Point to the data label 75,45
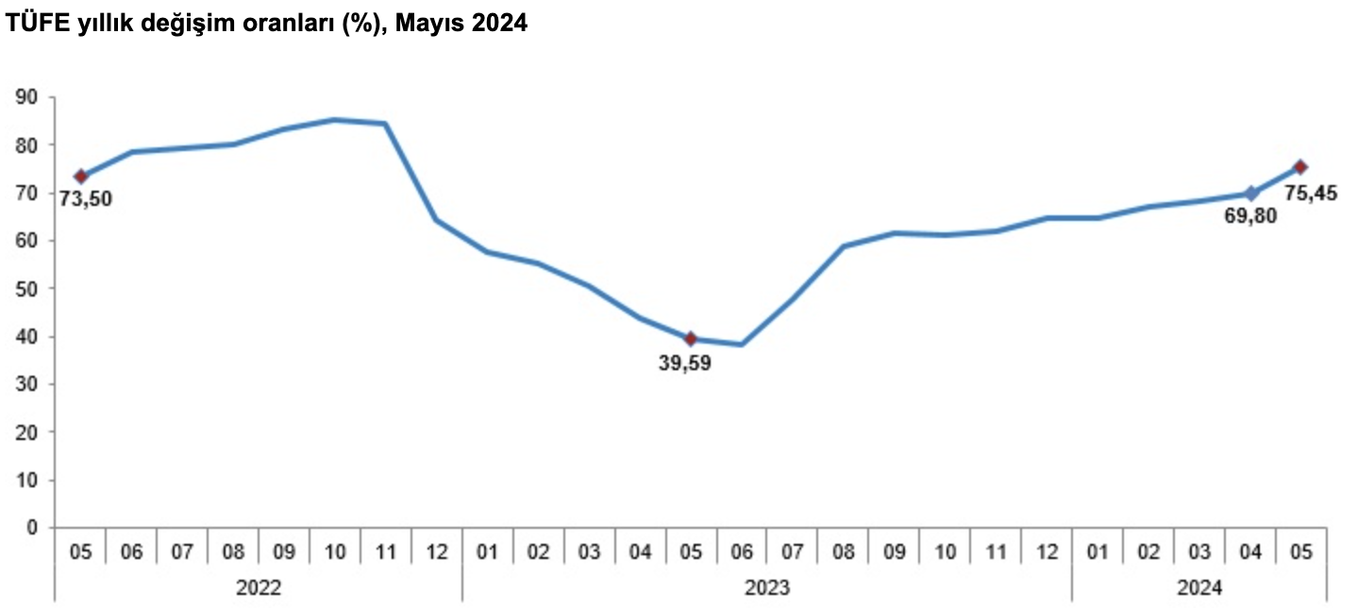click(1311, 193)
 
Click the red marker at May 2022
click(81, 176)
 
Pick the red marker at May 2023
click(691, 339)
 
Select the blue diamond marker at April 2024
click(1251, 194)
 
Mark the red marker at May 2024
click(1300, 167)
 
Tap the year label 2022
click(259, 587)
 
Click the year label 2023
click(767, 587)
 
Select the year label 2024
click(1199, 587)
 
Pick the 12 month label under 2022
click(437, 551)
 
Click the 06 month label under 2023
click(742, 551)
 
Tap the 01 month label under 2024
click(1097, 551)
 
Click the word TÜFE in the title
click(34, 25)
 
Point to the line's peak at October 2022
click(335, 120)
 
